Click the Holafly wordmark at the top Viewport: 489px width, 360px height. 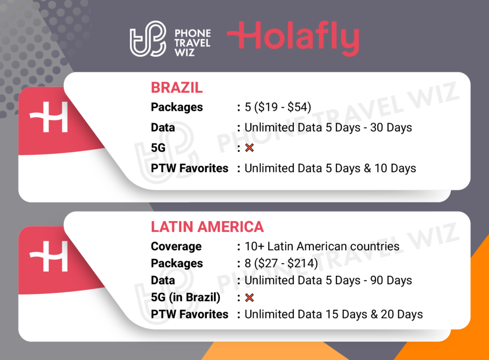coord(293,39)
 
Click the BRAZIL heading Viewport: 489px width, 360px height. coord(177,88)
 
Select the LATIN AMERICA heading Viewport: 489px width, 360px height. coord(207,227)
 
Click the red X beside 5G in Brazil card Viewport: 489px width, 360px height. coord(249,148)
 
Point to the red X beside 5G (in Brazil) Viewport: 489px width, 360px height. coord(249,297)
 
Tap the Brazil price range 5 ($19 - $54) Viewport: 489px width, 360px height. coord(278,107)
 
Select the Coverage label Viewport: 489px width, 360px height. coord(176,247)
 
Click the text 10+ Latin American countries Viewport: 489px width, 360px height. coord(322,247)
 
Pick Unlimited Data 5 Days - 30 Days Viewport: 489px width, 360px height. coord(328,128)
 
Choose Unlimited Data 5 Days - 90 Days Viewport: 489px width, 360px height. coord(328,280)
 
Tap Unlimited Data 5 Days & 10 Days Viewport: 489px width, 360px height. coord(330,169)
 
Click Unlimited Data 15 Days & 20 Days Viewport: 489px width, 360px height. coord(333,315)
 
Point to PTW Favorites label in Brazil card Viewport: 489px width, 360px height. coord(190,169)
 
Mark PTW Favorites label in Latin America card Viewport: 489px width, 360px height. coord(190,315)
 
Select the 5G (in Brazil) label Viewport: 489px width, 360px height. coord(186,297)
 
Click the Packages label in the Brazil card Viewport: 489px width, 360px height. coord(177,107)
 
